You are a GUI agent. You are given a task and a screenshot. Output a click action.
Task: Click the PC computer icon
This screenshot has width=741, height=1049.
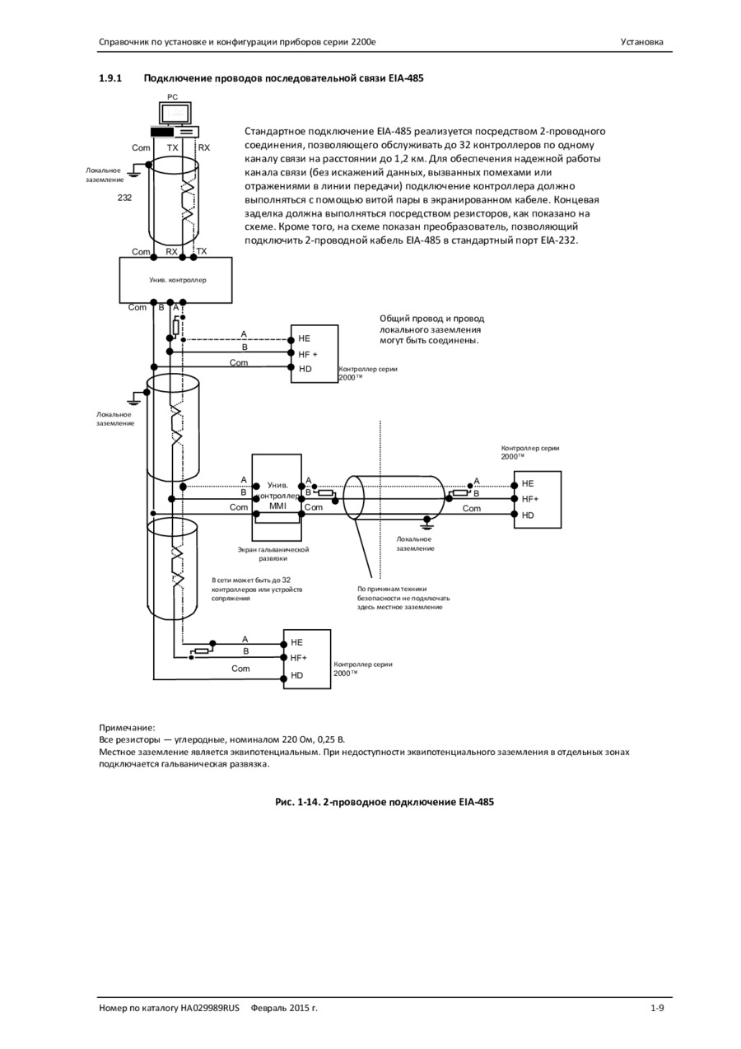pos(175,120)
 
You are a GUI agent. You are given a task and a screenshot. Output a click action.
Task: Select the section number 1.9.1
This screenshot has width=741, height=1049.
pos(110,78)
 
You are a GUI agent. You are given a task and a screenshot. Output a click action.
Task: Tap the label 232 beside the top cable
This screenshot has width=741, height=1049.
pos(124,198)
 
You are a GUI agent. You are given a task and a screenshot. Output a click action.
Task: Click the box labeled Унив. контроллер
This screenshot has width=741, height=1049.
pos(175,280)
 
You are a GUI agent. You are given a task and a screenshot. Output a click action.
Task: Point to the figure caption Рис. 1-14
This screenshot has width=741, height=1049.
pos(297,801)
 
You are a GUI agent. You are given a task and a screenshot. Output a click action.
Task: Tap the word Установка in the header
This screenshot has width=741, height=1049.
pos(641,42)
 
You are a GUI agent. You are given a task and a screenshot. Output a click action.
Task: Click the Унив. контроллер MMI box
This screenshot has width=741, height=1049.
pos(277,497)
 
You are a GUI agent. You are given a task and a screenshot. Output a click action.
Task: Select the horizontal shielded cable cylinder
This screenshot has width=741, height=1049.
pos(394,497)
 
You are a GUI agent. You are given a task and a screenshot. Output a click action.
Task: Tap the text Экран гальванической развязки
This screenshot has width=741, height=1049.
pos(273,554)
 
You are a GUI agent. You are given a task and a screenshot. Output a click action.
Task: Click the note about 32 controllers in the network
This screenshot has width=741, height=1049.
pos(257,589)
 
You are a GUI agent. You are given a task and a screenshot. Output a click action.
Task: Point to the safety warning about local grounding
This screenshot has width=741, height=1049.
pos(403,598)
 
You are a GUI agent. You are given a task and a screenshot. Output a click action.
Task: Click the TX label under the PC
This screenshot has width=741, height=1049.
pos(172,147)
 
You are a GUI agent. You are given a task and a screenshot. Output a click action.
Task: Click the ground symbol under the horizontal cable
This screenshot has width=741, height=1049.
pos(426,520)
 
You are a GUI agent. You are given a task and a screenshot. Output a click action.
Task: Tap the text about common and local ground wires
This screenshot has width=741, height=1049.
pos(431,329)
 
